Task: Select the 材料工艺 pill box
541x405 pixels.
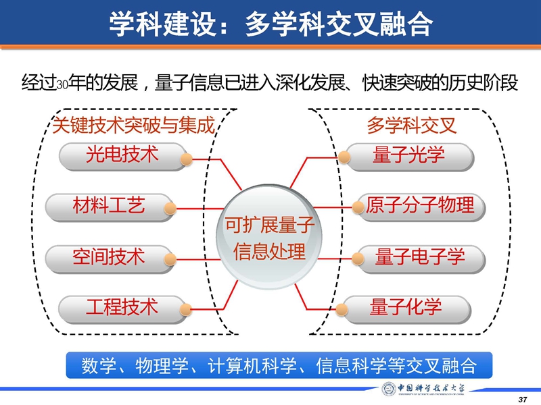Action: [x=109, y=207]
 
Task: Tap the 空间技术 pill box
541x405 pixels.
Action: [x=109, y=259]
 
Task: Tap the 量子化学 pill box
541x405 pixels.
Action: [x=407, y=309]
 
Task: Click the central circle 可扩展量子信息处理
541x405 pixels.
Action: [x=269, y=237]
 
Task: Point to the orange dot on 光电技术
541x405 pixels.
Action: [x=187, y=159]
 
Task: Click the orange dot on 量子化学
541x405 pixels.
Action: [x=342, y=309]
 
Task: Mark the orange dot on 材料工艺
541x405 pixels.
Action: [x=170, y=209]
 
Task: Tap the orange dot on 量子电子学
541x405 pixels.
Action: [x=358, y=259]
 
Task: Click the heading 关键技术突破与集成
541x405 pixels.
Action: [x=133, y=125]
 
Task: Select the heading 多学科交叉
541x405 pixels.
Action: [x=412, y=125]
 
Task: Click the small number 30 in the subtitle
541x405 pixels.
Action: [x=62, y=85]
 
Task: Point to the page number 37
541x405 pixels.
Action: [x=523, y=400]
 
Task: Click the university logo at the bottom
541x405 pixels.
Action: [x=423, y=389]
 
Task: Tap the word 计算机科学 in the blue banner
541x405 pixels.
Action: [x=252, y=365]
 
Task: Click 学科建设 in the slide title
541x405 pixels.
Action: [x=163, y=24]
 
